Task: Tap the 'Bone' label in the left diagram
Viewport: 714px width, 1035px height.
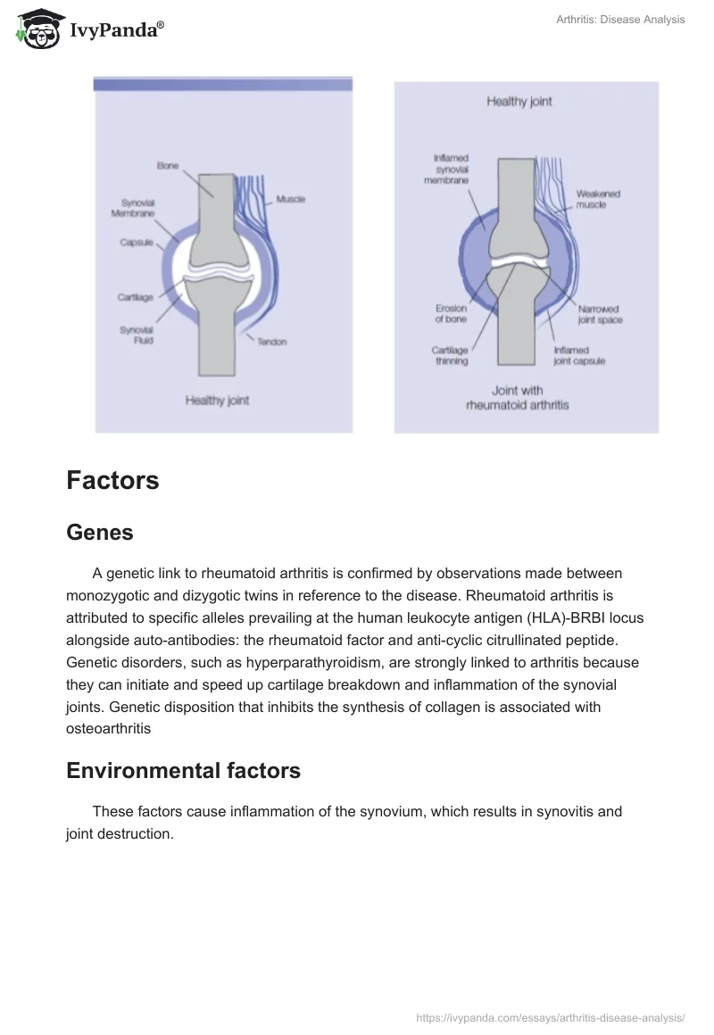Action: click(168, 166)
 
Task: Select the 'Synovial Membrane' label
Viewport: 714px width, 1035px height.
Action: click(133, 209)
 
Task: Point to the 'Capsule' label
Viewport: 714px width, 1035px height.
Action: click(137, 242)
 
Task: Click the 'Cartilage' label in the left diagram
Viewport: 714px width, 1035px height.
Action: click(136, 297)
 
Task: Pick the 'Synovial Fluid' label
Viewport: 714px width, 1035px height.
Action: click(137, 335)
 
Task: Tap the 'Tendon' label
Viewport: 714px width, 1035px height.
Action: click(272, 342)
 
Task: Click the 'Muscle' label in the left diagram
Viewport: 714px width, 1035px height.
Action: click(291, 199)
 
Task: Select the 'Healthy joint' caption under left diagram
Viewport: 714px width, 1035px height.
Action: click(217, 401)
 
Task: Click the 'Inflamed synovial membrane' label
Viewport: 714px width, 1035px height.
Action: click(452, 169)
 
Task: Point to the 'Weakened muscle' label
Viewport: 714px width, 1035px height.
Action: click(597, 199)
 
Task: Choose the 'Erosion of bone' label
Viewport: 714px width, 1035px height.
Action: click(451, 314)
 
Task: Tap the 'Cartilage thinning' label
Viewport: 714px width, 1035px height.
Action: click(452, 356)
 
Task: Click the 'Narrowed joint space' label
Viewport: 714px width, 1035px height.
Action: click(600, 314)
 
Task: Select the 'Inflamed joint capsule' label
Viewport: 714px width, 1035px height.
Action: click(579, 356)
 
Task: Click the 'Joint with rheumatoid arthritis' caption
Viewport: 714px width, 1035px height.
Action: click(517, 397)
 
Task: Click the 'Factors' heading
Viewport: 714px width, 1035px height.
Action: click(112, 481)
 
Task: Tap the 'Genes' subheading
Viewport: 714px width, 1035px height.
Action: click(100, 533)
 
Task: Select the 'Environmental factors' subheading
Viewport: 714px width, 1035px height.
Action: click(183, 771)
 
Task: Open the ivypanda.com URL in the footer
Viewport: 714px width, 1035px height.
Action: click(551, 1016)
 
